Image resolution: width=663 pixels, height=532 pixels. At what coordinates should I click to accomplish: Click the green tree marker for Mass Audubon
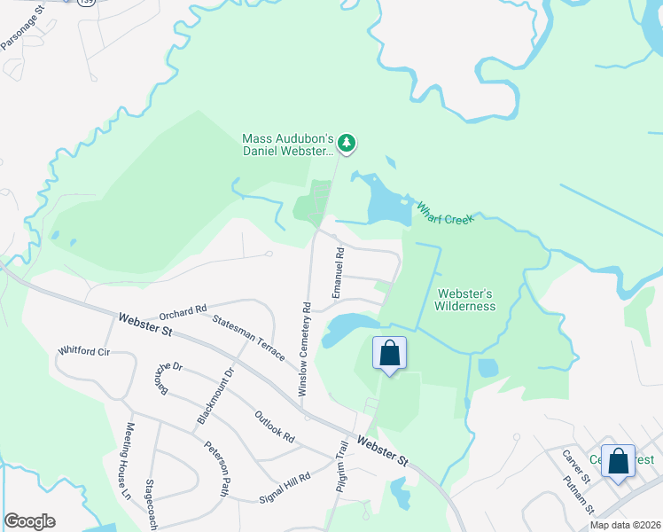[347, 142]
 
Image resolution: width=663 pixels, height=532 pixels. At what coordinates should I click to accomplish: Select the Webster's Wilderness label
[464, 300]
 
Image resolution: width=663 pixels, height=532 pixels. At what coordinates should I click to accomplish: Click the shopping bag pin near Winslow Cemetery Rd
[389, 354]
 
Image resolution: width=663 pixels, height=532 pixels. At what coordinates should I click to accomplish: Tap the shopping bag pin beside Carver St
[618, 461]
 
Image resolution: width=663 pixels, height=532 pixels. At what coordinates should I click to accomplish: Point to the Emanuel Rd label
[338, 272]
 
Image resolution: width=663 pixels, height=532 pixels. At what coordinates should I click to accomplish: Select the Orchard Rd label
[183, 311]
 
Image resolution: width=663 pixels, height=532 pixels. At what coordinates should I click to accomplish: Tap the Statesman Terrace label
[249, 335]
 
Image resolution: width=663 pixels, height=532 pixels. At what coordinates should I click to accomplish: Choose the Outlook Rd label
[274, 426]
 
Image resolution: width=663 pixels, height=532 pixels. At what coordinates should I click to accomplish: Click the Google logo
[29, 521]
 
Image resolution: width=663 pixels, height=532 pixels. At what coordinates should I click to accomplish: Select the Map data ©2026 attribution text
[624, 525]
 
